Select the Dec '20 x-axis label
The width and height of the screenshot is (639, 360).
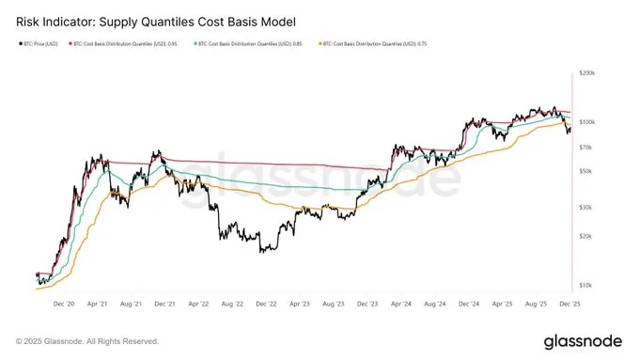64,305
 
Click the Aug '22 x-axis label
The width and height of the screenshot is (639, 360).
232,305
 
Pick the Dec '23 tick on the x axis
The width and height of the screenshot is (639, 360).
366,305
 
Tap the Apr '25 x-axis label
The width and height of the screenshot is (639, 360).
501,305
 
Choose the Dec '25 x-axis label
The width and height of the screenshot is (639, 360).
569,305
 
